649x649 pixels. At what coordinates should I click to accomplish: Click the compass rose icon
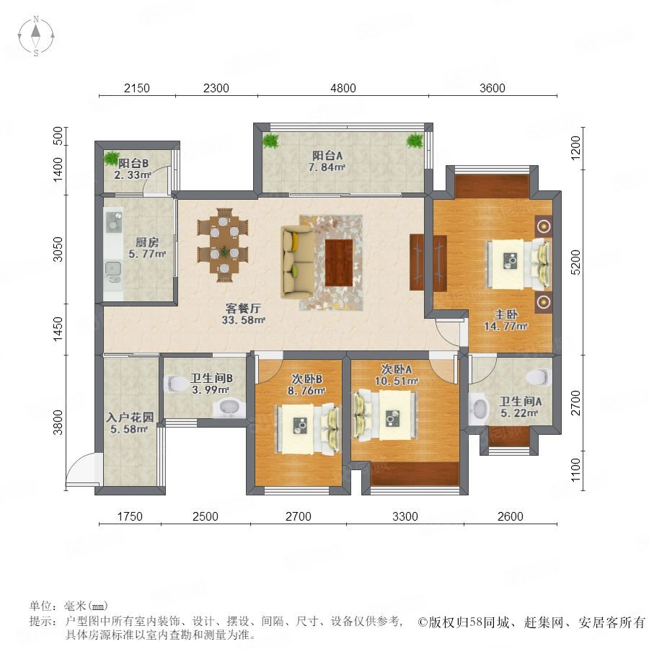tap(36, 36)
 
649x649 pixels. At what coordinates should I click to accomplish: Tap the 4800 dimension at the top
tap(343, 88)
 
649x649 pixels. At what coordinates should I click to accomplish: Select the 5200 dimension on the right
tap(575, 262)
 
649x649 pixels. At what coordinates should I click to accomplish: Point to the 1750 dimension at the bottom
tap(130, 516)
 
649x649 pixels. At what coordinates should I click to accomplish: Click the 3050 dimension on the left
tap(58, 250)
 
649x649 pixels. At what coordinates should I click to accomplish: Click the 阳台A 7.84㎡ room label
tap(327, 162)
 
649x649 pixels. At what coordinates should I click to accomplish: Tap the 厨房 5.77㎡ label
tap(147, 248)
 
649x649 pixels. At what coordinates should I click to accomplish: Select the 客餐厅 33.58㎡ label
tap(244, 314)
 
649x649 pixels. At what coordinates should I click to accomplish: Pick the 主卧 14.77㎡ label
tap(505, 320)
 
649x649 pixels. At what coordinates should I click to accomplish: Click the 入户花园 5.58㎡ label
tap(130, 423)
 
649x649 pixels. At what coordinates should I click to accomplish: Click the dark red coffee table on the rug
tap(339, 262)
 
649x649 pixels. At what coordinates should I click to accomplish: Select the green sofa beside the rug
tap(297, 262)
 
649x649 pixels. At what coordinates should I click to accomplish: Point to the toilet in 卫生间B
tap(176, 384)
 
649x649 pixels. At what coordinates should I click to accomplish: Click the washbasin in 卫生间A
tap(479, 408)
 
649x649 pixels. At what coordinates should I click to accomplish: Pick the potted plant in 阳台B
tap(111, 158)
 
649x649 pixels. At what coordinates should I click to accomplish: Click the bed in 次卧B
tap(308, 430)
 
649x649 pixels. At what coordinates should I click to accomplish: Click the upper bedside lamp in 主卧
tap(544, 226)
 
